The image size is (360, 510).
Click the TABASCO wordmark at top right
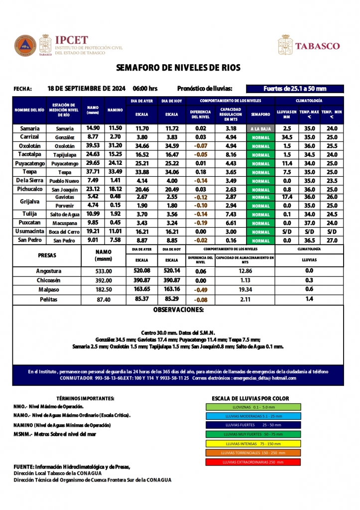tap(317, 46)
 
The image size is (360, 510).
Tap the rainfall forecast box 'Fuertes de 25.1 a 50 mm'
tap(295, 89)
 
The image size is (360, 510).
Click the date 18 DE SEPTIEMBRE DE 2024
tap(86, 89)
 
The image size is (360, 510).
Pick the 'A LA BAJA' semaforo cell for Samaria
tap(260, 128)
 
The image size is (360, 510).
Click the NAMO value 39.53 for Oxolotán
tap(93, 146)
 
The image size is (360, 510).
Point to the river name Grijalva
tap(29, 201)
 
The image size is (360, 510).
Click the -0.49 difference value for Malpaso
tap(201, 289)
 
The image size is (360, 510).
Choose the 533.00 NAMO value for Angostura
tap(104, 271)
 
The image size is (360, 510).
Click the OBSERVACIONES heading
tap(178, 310)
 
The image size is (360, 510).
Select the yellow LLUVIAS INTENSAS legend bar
tap(253, 443)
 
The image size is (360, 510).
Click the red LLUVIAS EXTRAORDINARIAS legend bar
tap(253, 462)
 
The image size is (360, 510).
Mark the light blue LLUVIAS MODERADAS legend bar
tap(253, 416)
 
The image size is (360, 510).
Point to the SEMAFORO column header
tap(260, 114)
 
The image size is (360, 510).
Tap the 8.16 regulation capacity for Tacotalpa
tap(231, 155)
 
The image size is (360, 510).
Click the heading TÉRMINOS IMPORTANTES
tap(85, 398)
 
